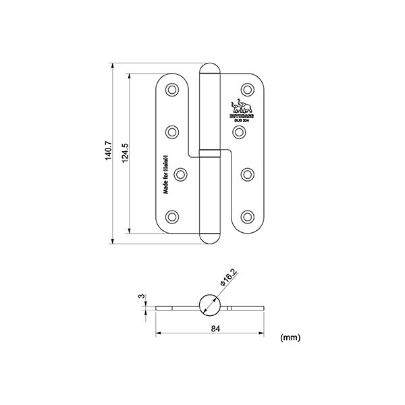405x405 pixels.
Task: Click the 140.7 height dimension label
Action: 106,153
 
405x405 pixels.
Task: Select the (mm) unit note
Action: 290,336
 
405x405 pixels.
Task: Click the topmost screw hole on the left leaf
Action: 173,89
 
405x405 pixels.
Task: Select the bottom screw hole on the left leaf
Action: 173,217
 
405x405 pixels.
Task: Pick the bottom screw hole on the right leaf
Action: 248,217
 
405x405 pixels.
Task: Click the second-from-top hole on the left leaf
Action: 173,131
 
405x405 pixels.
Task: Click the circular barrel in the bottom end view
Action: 210,306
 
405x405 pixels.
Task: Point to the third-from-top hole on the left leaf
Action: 181,174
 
